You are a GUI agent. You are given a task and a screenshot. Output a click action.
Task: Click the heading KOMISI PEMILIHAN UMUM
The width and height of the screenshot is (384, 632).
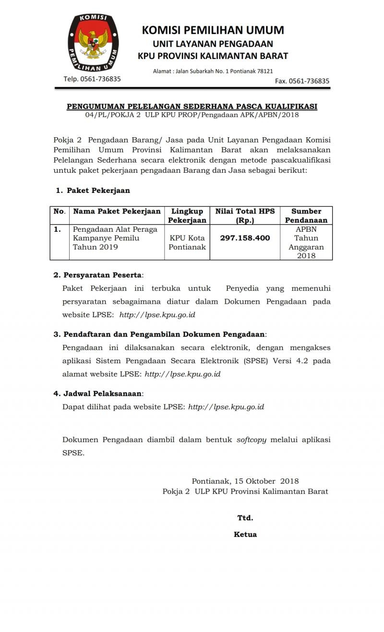coord(213,30)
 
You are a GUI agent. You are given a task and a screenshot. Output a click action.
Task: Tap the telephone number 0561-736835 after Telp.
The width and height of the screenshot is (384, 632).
coord(100,79)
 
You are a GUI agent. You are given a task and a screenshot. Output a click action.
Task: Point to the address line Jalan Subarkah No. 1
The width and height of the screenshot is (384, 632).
coord(213,71)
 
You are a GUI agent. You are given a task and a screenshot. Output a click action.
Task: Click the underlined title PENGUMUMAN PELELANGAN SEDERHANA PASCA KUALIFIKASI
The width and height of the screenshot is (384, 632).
coord(192,107)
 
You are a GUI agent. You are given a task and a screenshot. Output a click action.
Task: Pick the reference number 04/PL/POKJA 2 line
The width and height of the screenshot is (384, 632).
coord(192,115)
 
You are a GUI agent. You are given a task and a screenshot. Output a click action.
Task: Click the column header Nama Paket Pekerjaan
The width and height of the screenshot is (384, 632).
coord(117,211)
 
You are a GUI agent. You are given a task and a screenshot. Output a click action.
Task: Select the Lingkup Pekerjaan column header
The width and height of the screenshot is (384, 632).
coord(187,215)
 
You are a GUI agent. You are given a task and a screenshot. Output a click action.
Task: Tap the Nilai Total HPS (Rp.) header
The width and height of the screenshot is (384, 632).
coord(245,215)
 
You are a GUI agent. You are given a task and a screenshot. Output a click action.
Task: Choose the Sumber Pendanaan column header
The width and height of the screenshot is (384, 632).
coord(306,215)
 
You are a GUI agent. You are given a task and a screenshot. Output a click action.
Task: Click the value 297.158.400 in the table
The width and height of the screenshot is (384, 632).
coord(245,238)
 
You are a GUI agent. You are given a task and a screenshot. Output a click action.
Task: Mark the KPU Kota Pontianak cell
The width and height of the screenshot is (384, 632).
coord(187,242)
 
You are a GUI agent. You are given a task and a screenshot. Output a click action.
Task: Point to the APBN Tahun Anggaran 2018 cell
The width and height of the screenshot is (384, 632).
coord(306,242)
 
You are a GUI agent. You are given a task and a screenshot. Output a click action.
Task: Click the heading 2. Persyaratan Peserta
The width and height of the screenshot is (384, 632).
coord(98,275)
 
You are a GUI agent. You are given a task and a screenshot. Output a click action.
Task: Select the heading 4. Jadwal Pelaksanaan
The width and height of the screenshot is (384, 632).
coord(98,394)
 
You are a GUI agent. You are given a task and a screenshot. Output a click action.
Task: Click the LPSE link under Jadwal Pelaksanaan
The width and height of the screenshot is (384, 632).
coord(226,407)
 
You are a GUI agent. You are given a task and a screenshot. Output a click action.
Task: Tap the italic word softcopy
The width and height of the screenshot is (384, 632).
coord(252,440)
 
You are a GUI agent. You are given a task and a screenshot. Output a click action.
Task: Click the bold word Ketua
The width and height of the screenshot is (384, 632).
coord(245,534)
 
